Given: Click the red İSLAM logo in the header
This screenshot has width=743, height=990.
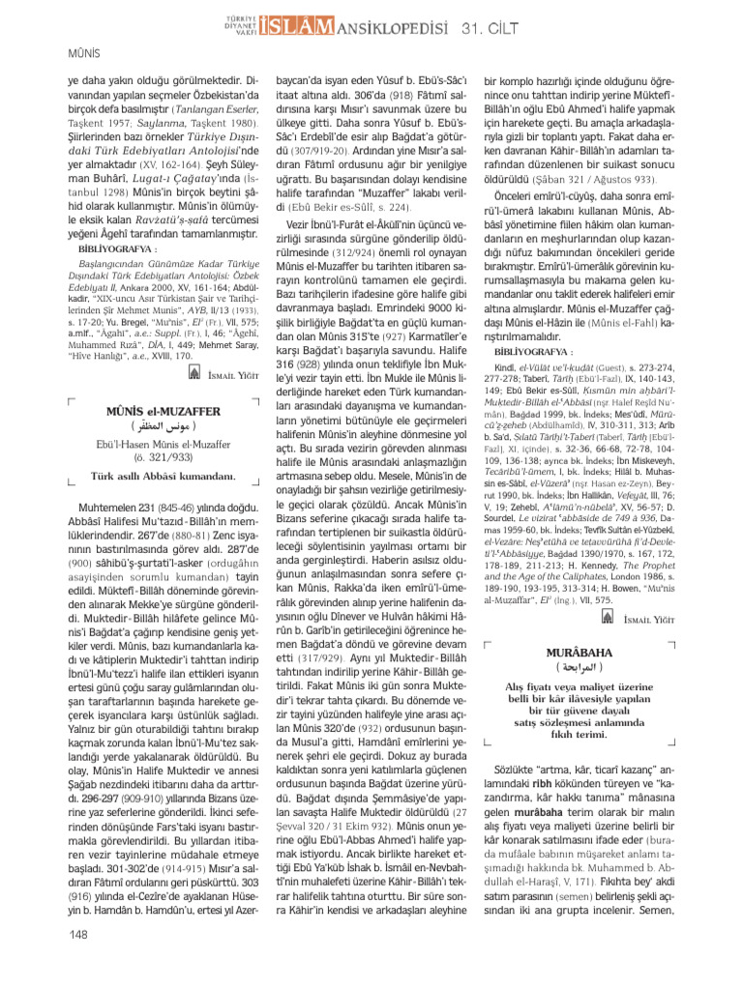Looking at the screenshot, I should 270,26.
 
